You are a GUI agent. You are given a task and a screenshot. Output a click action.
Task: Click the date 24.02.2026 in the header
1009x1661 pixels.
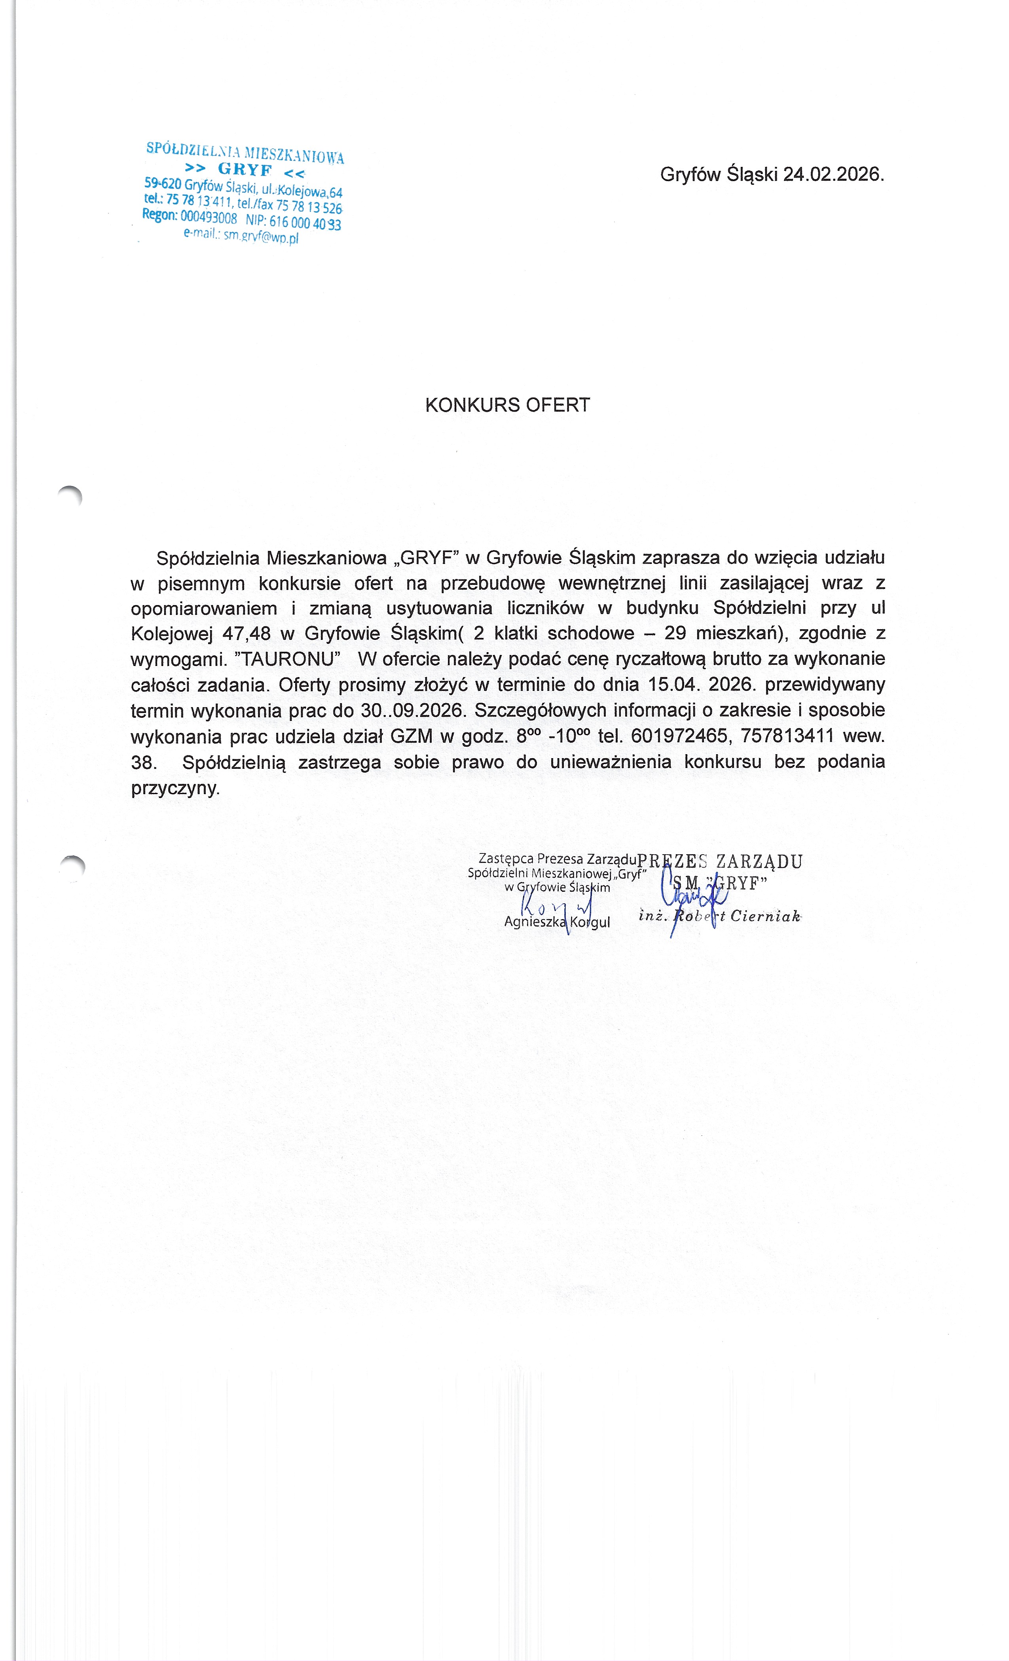(x=833, y=174)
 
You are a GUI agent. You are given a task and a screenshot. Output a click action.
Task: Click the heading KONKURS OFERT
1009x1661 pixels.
(x=507, y=405)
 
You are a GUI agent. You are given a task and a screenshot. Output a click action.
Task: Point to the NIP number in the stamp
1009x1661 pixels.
(x=305, y=223)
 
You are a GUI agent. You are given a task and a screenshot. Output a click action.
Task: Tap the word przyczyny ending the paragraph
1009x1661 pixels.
(x=175, y=788)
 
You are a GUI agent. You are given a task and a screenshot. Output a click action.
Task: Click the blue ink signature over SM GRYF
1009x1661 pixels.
(x=691, y=897)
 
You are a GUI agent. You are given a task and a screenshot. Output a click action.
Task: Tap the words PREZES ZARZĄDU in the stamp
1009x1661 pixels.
(x=720, y=861)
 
